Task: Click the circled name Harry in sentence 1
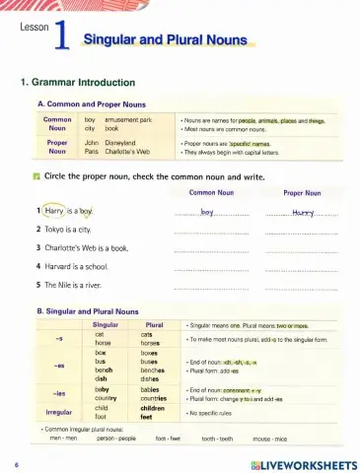point(54,210)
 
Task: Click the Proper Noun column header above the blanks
point(303,193)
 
